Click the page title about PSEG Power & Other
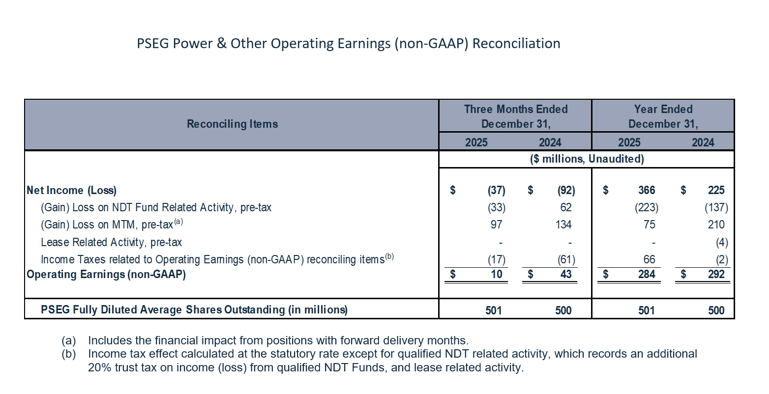point(348,44)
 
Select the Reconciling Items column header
point(232,124)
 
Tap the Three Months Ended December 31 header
point(515,116)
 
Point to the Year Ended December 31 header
point(663,116)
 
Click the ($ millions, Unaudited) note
point(587,159)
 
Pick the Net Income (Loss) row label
point(72,191)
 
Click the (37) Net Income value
point(496,191)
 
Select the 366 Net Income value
point(647,191)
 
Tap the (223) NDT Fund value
point(646,208)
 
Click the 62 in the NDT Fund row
point(566,208)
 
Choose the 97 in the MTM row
point(497,225)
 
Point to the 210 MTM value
point(716,225)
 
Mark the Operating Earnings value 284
point(647,275)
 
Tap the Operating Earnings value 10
point(497,275)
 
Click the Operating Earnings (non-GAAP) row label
point(106,275)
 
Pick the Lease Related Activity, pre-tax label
point(112,243)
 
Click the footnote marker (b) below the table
point(69,354)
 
